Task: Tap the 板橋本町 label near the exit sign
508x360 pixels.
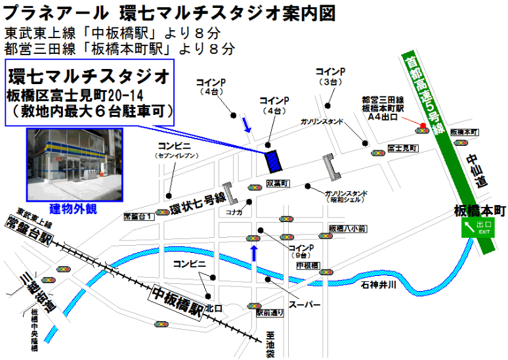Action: [x=480, y=211]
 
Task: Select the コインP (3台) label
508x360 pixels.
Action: [x=330, y=76]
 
